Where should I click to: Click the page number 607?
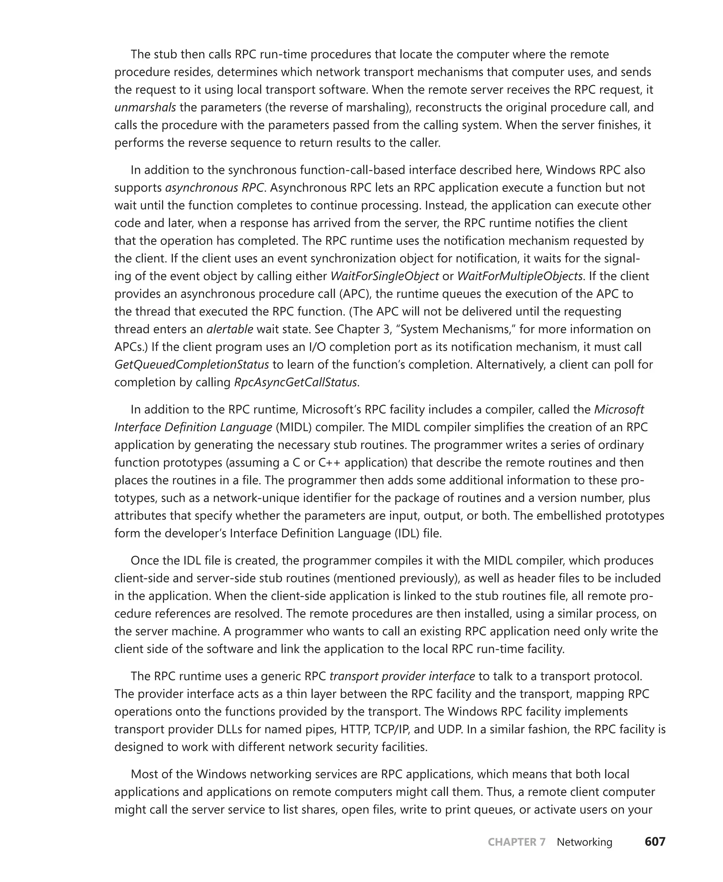click(655, 842)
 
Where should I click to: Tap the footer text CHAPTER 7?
click(516, 842)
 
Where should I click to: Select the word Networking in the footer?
click(584, 842)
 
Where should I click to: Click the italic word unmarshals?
click(145, 107)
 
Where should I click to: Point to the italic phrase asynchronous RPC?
click(215, 188)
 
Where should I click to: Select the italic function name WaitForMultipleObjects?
click(519, 276)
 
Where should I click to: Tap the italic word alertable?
click(229, 329)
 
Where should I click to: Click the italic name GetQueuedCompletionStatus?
click(192, 365)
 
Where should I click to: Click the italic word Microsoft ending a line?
click(619, 410)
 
